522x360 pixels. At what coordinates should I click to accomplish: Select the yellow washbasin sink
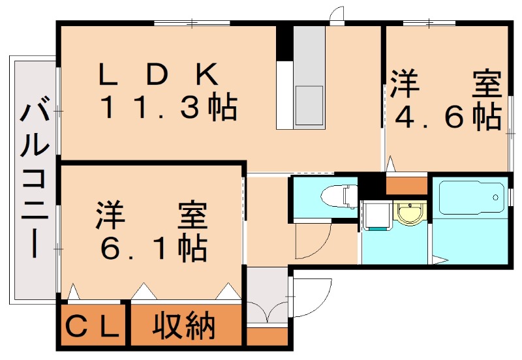410,213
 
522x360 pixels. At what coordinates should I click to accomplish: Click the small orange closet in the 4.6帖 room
407,185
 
